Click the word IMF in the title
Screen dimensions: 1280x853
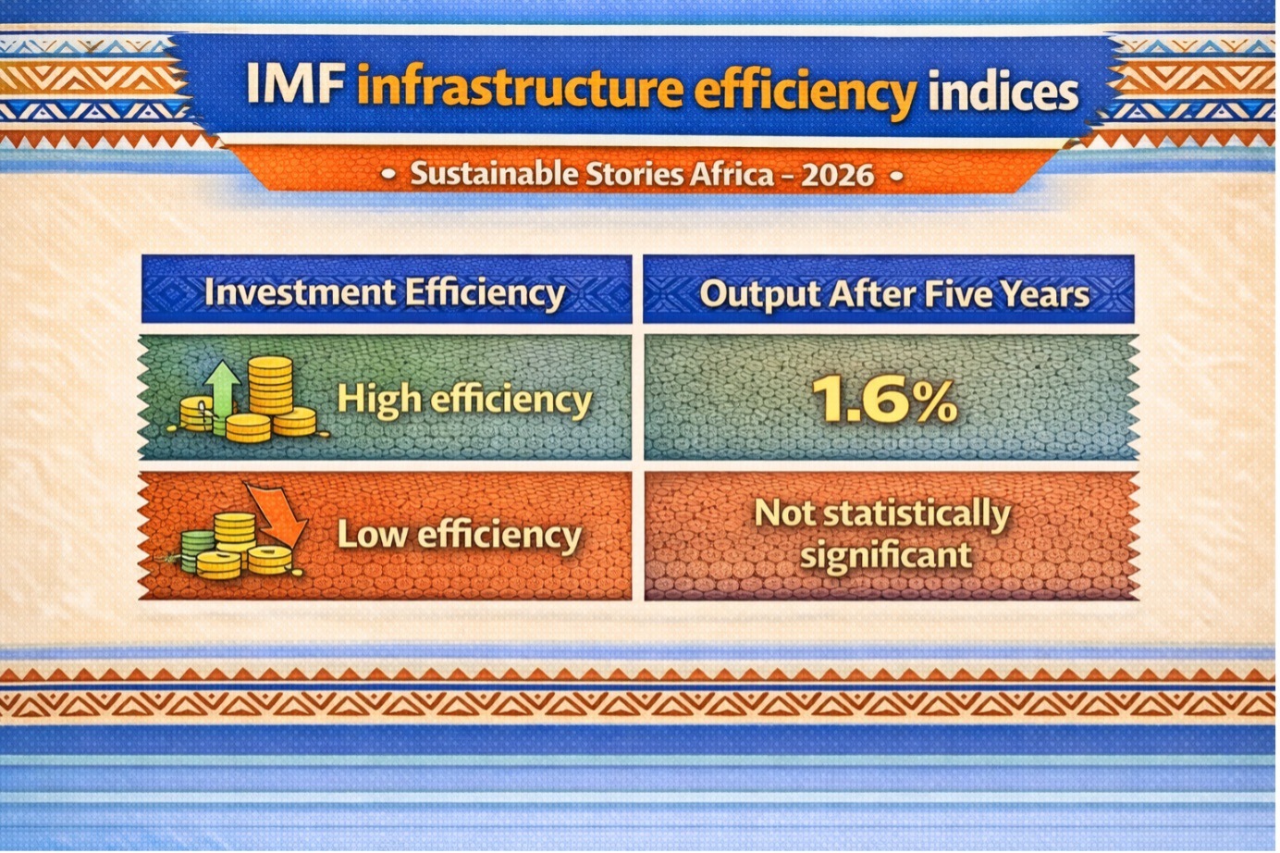click(x=295, y=84)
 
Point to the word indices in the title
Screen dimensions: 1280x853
click(x=1003, y=89)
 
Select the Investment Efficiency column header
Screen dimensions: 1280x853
click(x=385, y=292)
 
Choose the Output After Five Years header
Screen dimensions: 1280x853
click(x=894, y=294)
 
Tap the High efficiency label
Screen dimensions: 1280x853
click(x=464, y=399)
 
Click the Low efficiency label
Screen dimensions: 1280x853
click(x=459, y=535)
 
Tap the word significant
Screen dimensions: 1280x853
click(x=886, y=554)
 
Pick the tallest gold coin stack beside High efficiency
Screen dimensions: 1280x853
click(x=270, y=385)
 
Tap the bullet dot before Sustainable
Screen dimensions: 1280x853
click(x=388, y=174)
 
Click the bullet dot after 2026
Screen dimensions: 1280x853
click(x=896, y=176)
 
